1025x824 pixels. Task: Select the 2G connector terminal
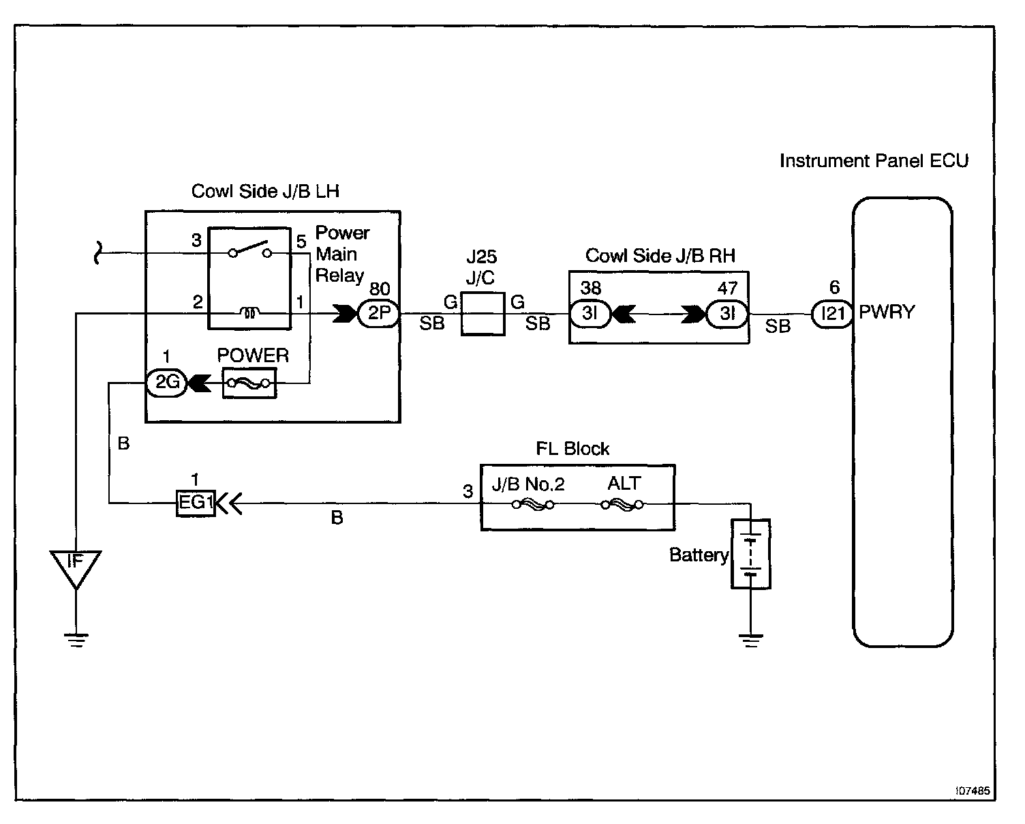pos(167,383)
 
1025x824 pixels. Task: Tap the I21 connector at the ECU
pos(833,314)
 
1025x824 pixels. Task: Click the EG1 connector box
pos(196,503)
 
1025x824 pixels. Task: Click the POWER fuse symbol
pos(249,384)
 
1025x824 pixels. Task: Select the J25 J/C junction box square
pos(483,314)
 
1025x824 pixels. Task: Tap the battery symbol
pos(750,554)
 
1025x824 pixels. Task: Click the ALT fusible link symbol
pos(622,505)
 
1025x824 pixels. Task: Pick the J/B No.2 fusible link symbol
pos(532,505)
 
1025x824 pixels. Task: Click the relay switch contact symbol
pos(249,250)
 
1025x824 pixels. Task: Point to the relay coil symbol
pos(250,313)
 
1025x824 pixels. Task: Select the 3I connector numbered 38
pos(590,314)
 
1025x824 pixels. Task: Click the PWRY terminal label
pos(887,312)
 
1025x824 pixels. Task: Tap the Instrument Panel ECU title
pos(874,161)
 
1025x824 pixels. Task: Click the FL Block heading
pos(572,449)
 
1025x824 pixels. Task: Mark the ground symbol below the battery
pos(750,640)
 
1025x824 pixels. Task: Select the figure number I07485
pos(973,791)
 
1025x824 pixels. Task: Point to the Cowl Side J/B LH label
pos(265,191)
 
